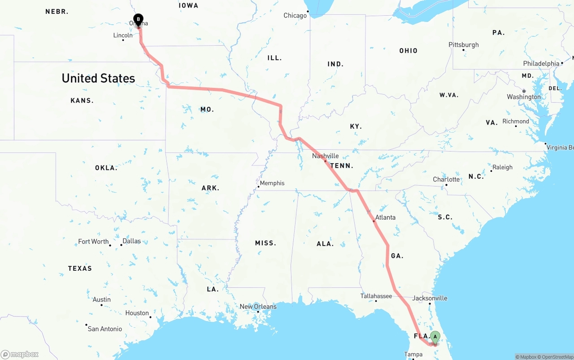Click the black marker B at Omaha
tap(139, 20)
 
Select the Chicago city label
tap(295, 16)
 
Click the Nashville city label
tap(325, 156)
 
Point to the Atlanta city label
tap(385, 217)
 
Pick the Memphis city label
tap(272, 183)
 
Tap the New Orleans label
tap(258, 307)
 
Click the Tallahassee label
tap(376, 296)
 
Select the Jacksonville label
tap(430, 298)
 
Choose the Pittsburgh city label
tap(464, 45)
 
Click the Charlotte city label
tap(446, 179)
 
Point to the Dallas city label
tap(131, 241)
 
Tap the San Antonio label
tap(104, 329)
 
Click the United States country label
tap(98, 78)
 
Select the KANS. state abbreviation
tap(82, 100)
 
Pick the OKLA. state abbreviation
tap(106, 168)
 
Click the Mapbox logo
tap(20, 354)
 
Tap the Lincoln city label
tap(122, 35)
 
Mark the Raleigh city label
tap(502, 167)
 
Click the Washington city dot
tap(524, 91)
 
